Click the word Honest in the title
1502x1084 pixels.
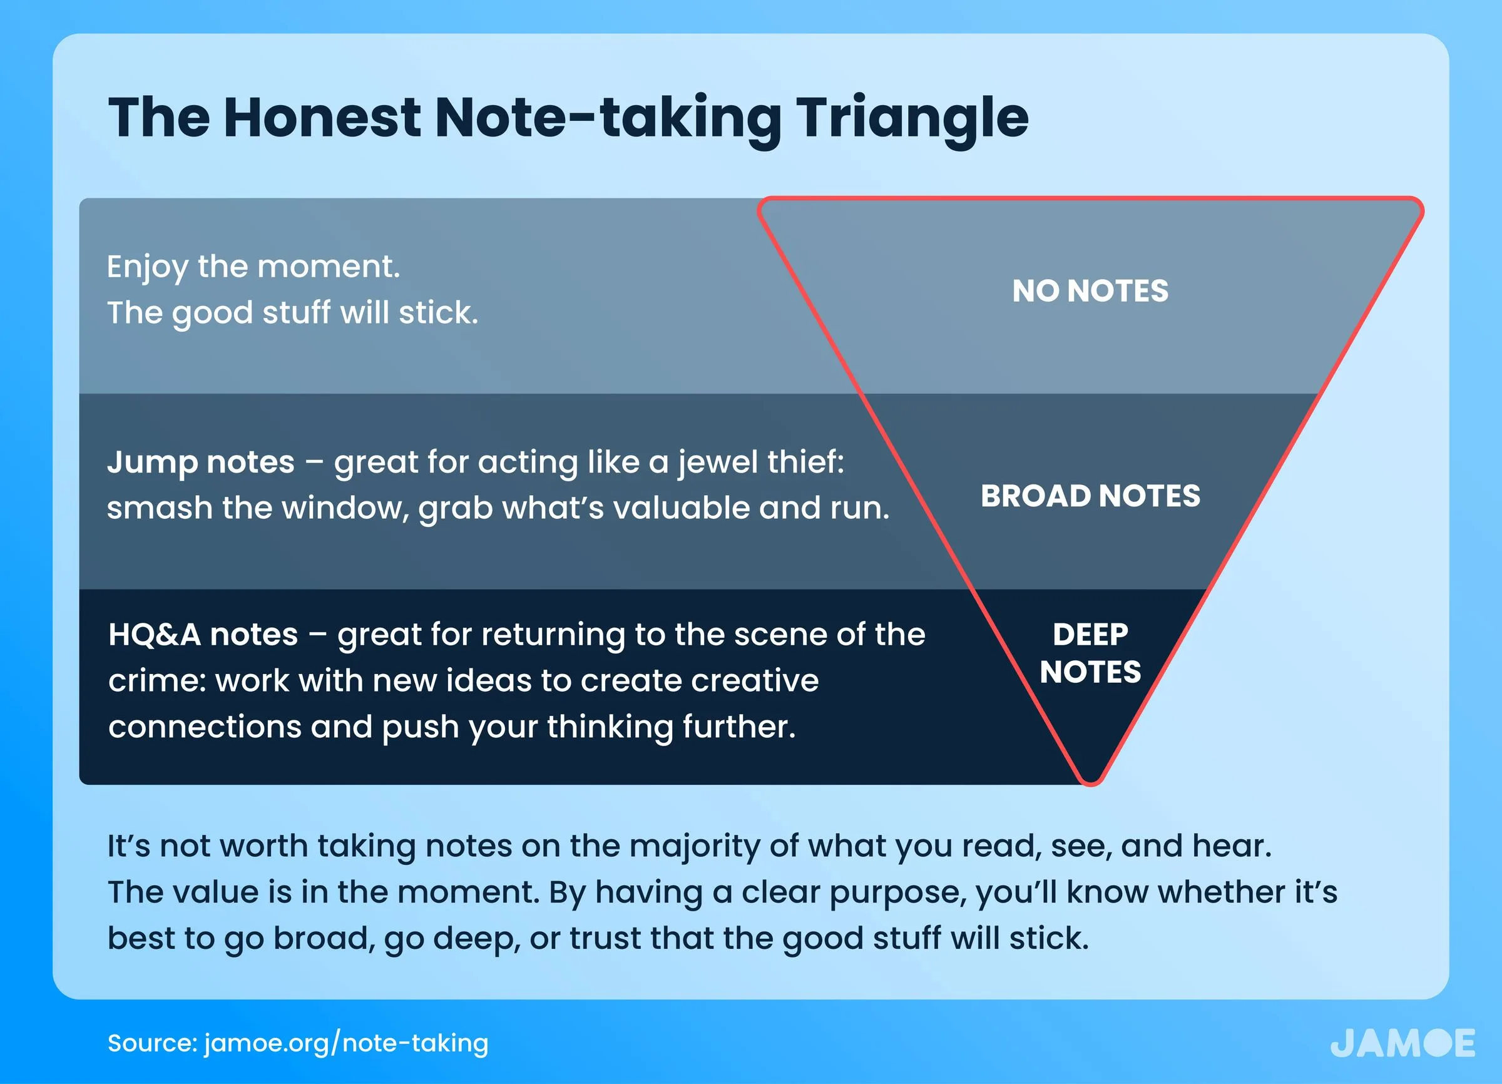[322, 117]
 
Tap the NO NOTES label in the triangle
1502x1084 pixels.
[1090, 290]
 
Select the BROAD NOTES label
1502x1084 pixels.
[1090, 495]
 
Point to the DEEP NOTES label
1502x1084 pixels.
[1090, 653]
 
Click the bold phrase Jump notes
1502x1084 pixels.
[201, 463]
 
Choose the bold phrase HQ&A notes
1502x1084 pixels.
[203, 635]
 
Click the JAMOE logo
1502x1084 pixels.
[1402, 1043]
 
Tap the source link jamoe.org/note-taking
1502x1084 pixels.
[345, 1043]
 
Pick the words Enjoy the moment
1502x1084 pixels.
[253, 267]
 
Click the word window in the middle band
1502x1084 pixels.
[346, 508]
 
